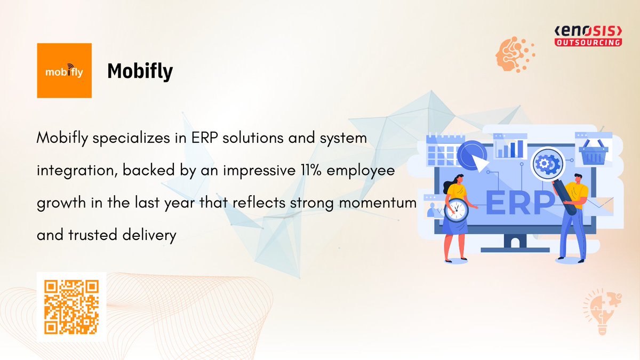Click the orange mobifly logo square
click(x=64, y=70)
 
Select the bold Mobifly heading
click(x=140, y=71)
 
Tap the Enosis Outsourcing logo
click(x=588, y=35)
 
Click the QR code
click(x=71, y=307)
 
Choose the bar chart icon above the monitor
click(x=510, y=147)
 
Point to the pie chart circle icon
click(x=472, y=155)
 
